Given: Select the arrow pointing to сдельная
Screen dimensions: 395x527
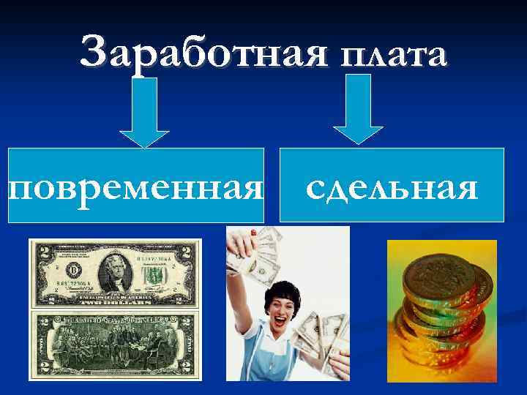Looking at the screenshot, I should (x=358, y=110).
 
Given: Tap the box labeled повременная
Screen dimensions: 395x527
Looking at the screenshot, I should (x=135, y=186).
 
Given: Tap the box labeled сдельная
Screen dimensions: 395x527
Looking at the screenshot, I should (x=392, y=186).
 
